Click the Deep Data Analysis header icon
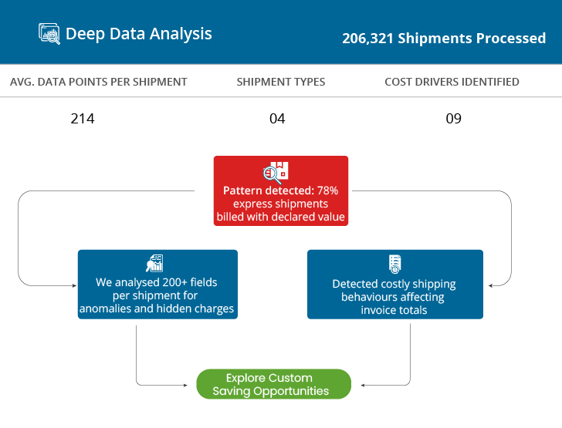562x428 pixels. point(49,34)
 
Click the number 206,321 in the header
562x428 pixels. point(367,38)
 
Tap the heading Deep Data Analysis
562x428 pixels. point(138,34)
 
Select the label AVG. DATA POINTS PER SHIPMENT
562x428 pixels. point(99,82)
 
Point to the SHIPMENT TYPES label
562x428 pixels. point(281,82)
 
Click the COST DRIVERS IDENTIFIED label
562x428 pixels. point(452,82)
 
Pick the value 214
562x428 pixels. point(83,119)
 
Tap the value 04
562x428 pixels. point(277,119)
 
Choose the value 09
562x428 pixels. point(454,119)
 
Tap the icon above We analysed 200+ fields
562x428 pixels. point(154,263)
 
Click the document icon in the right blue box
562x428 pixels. point(394,263)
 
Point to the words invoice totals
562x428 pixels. point(394,310)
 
